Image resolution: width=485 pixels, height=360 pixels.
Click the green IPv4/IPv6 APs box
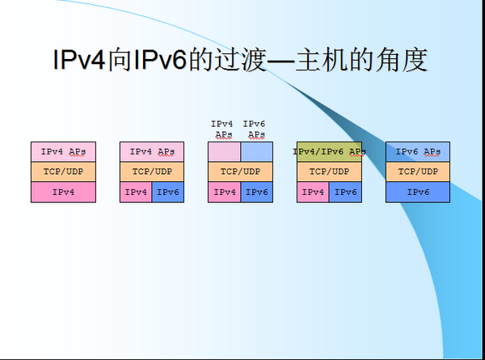pyautogui.click(x=329, y=151)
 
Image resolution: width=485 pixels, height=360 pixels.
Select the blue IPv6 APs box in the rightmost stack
pyautogui.click(x=417, y=151)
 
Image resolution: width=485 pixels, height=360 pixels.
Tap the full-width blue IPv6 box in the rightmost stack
pyautogui.click(x=417, y=193)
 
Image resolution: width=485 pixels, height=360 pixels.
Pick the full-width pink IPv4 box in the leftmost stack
pyautogui.click(x=63, y=193)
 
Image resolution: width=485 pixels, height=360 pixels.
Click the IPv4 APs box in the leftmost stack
pyautogui.click(x=63, y=151)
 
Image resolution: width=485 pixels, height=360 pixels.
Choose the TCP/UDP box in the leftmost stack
pyautogui.click(x=63, y=172)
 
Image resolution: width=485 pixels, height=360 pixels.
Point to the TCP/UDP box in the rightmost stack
pyautogui.click(x=417, y=172)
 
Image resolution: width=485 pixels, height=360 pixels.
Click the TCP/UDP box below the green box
pyautogui.click(x=329, y=172)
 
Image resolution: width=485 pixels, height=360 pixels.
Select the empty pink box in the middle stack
pyautogui.click(x=224, y=151)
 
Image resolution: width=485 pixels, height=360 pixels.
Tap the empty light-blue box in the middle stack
pyautogui.click(x=256, y=151)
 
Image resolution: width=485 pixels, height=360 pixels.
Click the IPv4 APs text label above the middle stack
pyautogui.click(x=222, y=129)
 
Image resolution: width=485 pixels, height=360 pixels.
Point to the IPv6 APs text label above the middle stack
pyautogui.click(x=255, y=129)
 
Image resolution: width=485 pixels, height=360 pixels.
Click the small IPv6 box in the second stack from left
pyautogui.click(x=168, y=193)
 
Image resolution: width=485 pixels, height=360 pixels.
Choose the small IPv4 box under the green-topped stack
pyautogui.click(x=313, y=193)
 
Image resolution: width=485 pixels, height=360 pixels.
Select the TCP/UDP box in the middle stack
pyautogui.click(x=240, y=172)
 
